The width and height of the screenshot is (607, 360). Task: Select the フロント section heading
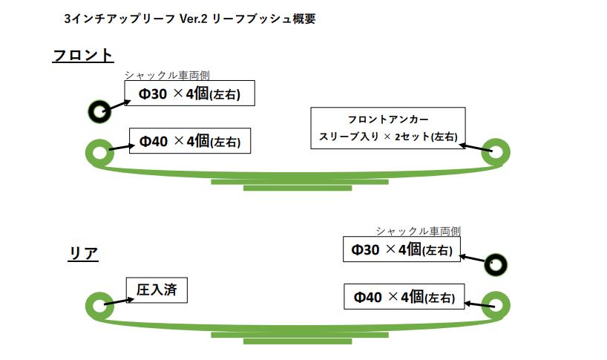[82, 55]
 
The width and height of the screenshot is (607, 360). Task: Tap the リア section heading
[83, 254]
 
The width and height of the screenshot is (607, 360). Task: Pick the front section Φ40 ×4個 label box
[189, 140]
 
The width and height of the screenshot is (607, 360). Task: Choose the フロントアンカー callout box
[387, 128]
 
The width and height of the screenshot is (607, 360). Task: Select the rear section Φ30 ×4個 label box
[401, 249]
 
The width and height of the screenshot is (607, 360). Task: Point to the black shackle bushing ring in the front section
[99, 112]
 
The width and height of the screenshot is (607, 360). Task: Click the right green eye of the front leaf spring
[495, 151]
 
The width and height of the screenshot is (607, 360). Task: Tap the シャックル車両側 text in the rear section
[423, 232]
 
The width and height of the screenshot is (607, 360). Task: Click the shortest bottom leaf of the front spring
[297, 188]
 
